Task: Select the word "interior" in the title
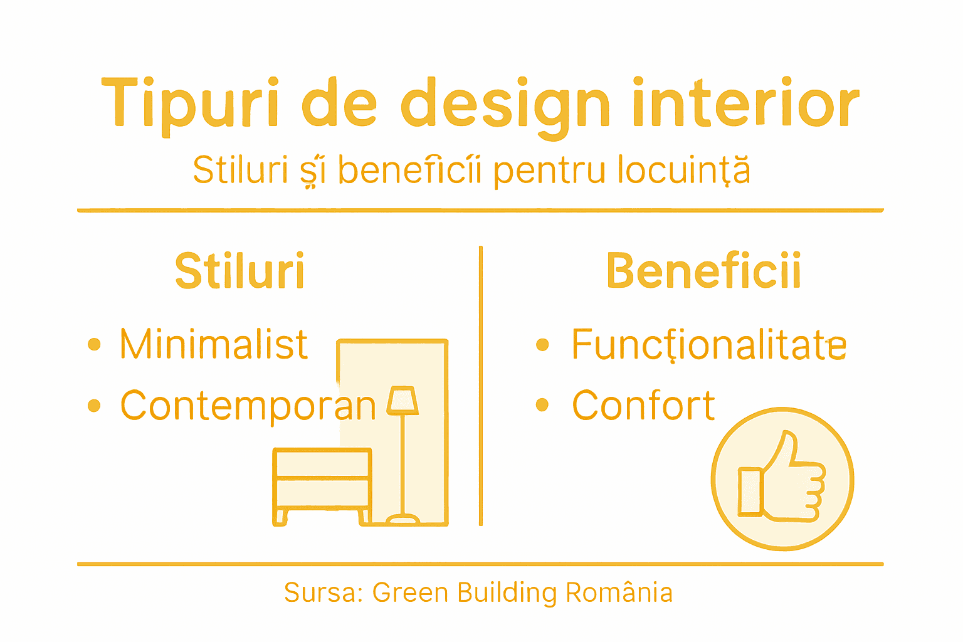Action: [745, 102]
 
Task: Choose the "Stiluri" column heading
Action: [239, 271]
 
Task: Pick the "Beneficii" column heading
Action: [703, 271]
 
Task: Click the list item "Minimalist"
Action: [214, 344]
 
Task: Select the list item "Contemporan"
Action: [248, 406]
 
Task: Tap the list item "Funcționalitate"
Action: [709, 345]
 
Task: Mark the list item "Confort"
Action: [643, 406]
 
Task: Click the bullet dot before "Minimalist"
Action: [94, 344]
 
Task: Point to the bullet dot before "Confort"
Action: [542, 405]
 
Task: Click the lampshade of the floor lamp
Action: [403, 401]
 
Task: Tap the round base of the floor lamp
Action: [403, 519]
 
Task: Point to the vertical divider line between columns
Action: [481, 386]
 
